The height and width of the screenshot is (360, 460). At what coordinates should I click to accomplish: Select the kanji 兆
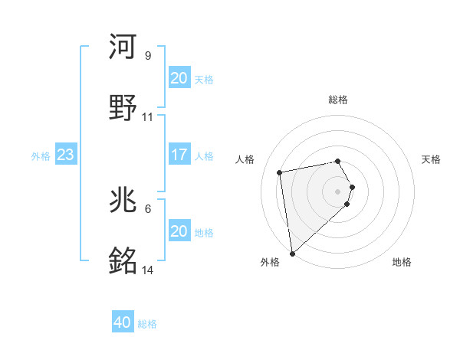tap(124, 201)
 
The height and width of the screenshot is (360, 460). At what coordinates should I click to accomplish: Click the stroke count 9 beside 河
tap(148, 56)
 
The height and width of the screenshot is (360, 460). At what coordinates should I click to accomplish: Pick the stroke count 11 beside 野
tap(148, 117)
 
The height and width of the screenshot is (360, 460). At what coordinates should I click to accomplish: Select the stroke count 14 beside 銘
tap(148, 270)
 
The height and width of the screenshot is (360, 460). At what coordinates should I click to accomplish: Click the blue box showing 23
tap(66, 155)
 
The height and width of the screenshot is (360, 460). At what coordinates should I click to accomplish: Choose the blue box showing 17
tap(179, 155)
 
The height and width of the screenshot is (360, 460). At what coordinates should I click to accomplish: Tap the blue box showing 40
tap(123, 323)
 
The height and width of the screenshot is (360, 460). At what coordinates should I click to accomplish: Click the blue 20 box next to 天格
tap(179, 78)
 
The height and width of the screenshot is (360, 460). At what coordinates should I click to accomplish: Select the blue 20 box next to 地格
tap(179, 231)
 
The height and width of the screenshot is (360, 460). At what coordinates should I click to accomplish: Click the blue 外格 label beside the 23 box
tap(41, 156)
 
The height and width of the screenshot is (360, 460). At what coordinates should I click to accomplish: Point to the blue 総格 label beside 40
tap(147, 324)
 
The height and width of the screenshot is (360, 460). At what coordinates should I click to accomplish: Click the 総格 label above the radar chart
tap(338, 100)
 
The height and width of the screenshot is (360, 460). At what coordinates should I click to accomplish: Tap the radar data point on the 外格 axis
tap(292, 253)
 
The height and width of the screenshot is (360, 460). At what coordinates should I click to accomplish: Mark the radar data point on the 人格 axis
tap(280, 172)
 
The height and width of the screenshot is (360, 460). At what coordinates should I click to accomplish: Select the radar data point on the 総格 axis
tap(338, 161)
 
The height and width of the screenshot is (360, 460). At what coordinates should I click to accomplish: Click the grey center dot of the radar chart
tap(338, 190)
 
